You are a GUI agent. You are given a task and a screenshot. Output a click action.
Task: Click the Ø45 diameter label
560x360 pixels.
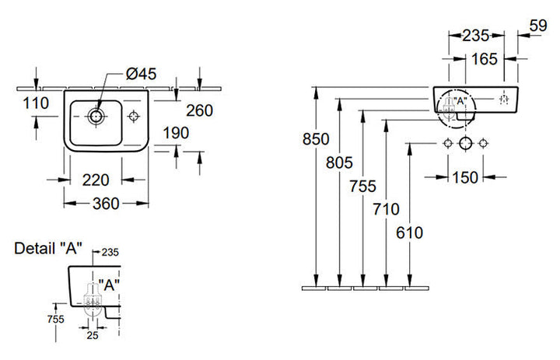coord(141,75)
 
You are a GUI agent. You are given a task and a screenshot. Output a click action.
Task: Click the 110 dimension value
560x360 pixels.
coord(36,103)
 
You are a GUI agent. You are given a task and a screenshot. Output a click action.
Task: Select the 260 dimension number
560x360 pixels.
coord(199,110)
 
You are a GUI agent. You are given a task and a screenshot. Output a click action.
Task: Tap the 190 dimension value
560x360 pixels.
coord(176,134)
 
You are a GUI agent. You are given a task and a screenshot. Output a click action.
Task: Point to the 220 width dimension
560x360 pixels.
coord(95,180)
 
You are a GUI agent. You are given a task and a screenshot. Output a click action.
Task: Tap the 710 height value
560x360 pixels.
coord(386,208)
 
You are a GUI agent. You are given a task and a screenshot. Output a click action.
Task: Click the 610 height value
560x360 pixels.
coord(410,231)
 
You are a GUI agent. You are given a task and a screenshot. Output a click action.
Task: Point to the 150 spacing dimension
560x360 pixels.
coord(465,178)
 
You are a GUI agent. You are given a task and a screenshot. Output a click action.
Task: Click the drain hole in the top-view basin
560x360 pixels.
coord(97,117)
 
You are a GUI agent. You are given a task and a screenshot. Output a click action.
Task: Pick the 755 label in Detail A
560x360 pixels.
coord(54,318)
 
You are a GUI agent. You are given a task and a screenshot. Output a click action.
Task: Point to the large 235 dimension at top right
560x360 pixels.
coord(476,35)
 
